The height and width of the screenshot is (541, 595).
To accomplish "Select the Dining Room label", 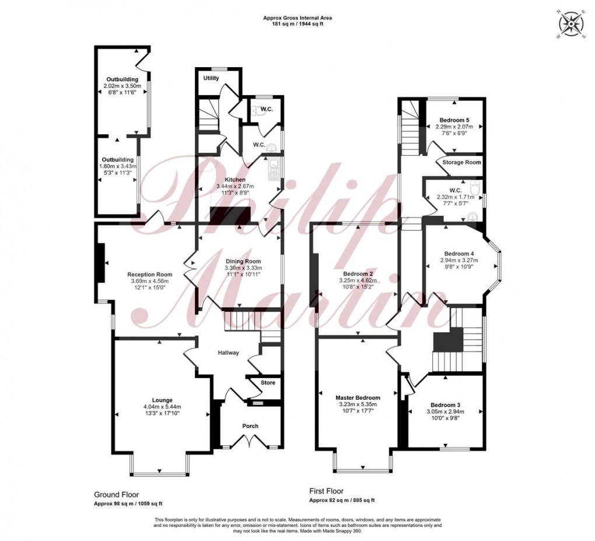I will [x=243, y=261].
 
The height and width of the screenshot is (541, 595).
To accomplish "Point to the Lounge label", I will [x=163, y=400].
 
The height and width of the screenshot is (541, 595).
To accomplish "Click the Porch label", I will [x=250, y=426].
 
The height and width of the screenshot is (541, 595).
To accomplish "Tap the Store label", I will [x=268, y=383].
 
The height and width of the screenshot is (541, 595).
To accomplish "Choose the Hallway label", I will [x=229, y=353].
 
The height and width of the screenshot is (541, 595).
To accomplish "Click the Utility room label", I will [x=211, y=78].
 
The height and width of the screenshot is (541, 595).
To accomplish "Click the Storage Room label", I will [x=461, y=162].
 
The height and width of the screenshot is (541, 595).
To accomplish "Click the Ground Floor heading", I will [x=117, y=494].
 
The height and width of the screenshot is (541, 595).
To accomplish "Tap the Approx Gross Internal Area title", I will [x=297, y=18].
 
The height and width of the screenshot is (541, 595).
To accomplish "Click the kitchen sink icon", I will [x=272, y=170].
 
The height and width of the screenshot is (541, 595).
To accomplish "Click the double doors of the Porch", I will [x=250, y=444].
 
